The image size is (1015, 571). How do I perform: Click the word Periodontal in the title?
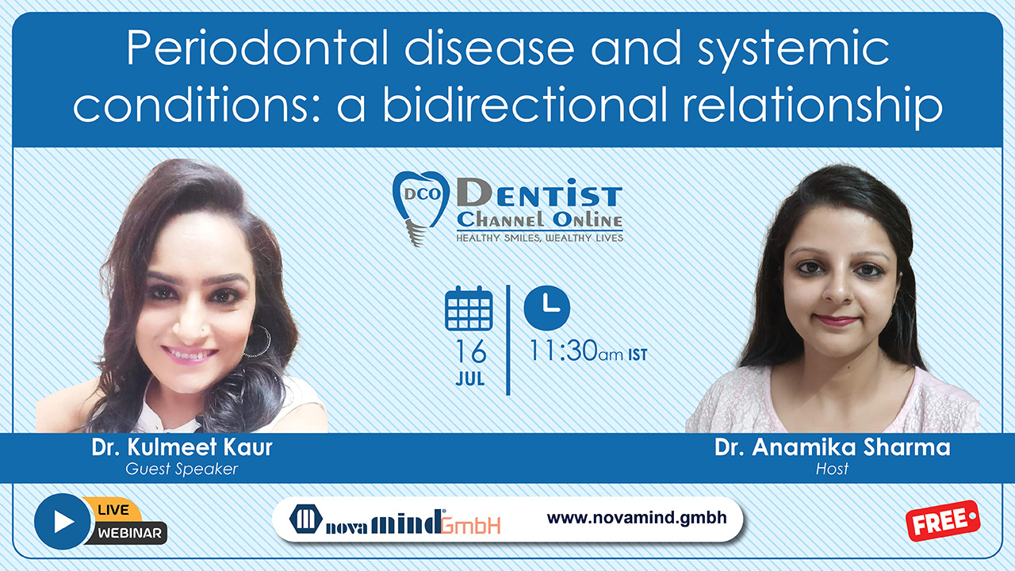click(258, 48)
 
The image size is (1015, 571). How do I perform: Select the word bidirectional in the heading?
click(525, 105)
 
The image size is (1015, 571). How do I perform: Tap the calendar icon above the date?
click(469, 308)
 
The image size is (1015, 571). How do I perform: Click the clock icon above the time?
click(547, 308)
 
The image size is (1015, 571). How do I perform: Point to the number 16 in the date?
click(471, 351)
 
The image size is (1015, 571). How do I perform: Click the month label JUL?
click(470, 379)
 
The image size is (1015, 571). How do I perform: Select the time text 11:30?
click(563, 351)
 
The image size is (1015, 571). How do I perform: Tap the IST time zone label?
click(638, 354)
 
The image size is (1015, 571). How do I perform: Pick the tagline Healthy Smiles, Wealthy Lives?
click(539, 238)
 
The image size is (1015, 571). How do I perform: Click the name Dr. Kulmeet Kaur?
click(182, 447)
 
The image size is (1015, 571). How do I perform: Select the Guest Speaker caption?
click(182, 469)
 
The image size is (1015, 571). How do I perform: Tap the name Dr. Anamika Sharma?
click(832, 447)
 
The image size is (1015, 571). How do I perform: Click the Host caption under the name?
click(832, 469)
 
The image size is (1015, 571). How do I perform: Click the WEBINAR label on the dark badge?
click(129, 533)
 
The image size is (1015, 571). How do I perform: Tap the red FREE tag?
click(943, 521)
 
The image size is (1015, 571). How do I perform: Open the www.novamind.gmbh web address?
click(637, 518)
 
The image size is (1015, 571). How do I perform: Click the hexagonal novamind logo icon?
click(306, 519)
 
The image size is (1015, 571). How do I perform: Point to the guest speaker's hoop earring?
click(260, 341)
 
